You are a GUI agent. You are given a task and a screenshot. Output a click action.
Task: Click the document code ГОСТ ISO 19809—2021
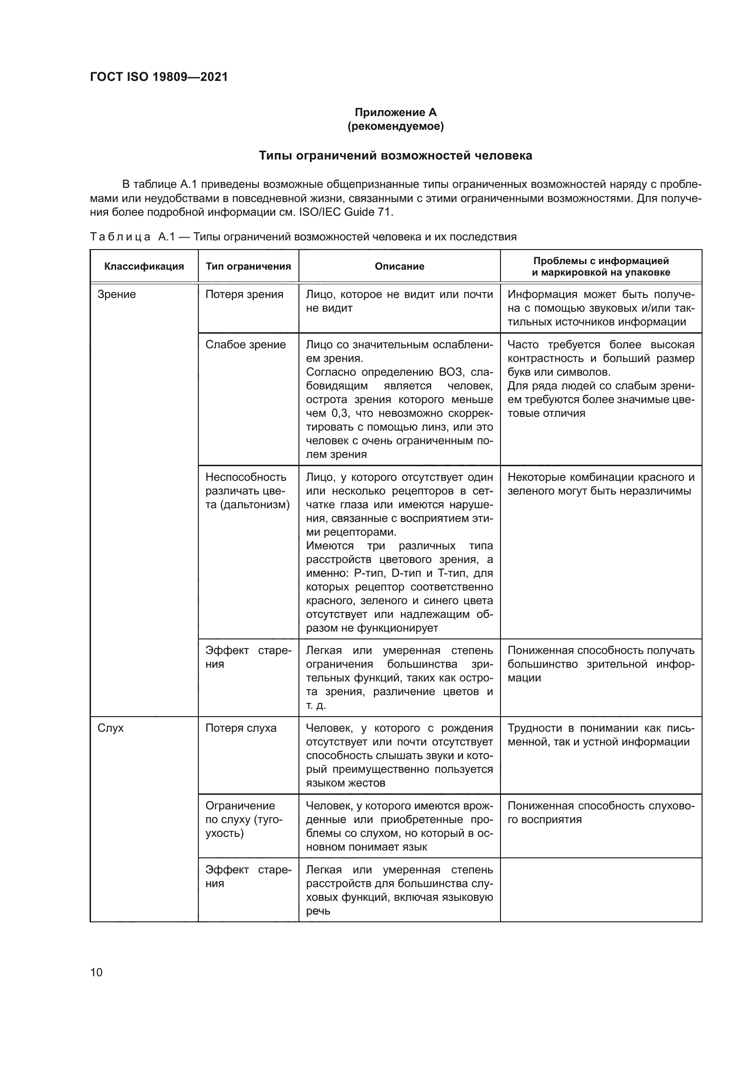159,77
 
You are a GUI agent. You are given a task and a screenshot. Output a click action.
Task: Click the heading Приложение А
395,112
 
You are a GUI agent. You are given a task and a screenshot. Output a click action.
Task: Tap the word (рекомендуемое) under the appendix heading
395,126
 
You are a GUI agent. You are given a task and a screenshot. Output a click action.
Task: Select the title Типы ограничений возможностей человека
395,155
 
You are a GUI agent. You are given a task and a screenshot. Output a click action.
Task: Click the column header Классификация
144,266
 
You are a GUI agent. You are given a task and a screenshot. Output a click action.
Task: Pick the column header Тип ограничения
248,266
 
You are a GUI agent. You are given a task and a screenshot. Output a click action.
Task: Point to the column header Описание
399,266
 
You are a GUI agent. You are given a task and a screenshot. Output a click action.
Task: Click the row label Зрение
117,294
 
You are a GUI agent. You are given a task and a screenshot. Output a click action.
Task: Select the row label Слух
110,728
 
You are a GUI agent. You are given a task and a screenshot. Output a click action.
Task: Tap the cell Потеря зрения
244,294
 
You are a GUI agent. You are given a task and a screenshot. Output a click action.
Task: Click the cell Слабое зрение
245,345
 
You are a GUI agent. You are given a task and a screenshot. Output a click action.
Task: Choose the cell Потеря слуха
241,728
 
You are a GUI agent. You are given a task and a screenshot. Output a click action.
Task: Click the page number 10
96,972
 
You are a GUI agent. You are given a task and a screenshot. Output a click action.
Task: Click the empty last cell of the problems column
601,889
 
